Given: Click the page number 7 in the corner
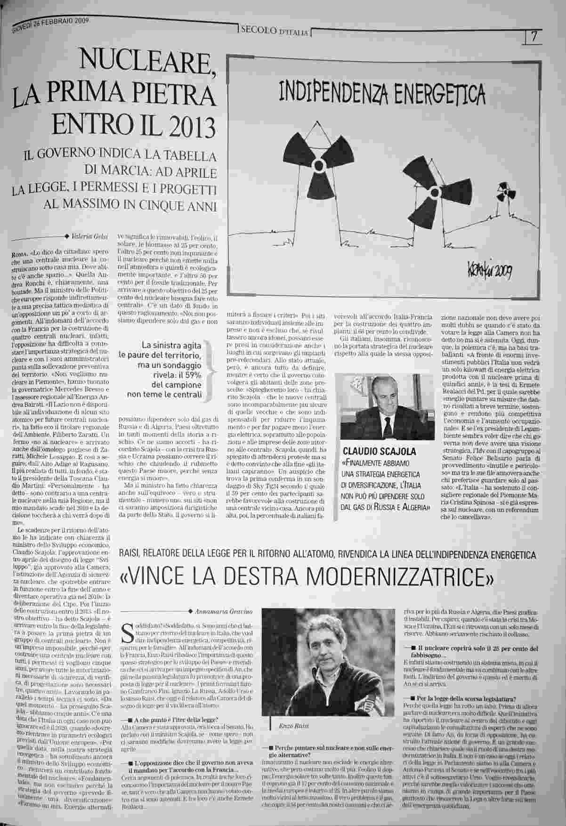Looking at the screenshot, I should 533,37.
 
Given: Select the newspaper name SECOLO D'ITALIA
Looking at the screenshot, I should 274,32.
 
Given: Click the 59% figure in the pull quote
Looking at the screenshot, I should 192,374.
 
